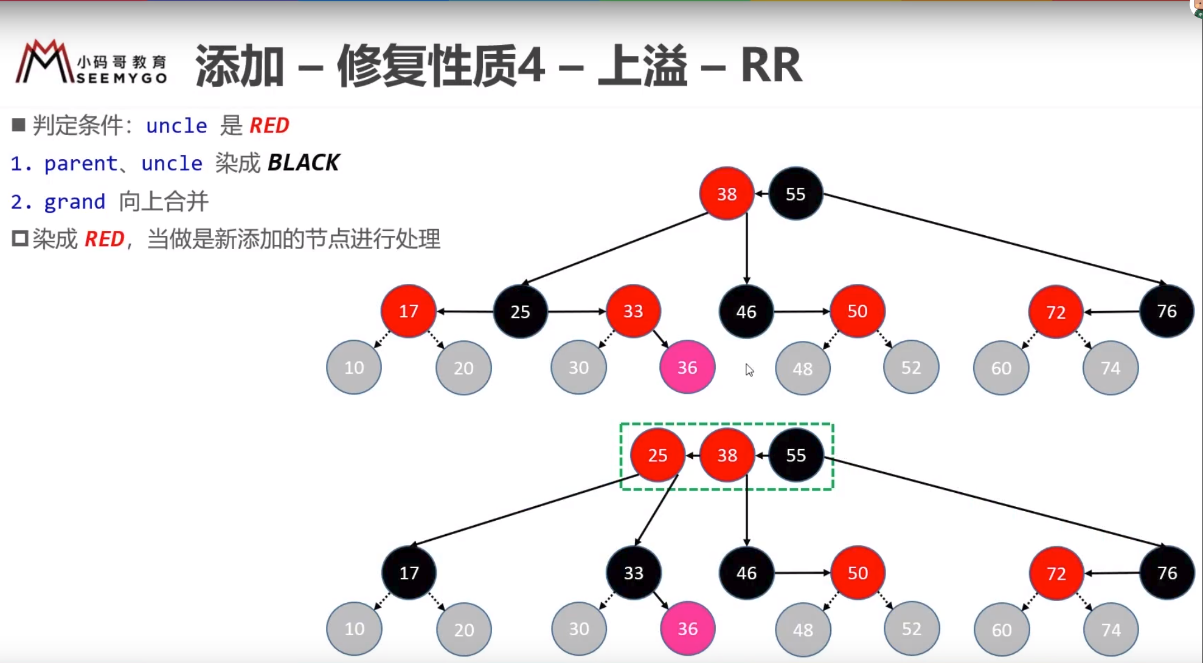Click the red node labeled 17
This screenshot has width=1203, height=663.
(408, 311)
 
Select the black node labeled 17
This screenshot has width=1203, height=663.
(409, 572)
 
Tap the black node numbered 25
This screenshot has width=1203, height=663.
(520, 312)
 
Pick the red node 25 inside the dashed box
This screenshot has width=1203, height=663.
(657, 455)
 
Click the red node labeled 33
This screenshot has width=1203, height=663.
(633, 311)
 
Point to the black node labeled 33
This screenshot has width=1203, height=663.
(633, 572)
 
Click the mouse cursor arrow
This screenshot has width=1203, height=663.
(749, 369)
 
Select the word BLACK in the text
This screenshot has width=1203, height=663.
(303, 163)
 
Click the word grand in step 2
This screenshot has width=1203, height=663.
(74, 201)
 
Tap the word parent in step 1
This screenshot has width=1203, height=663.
(80, 163)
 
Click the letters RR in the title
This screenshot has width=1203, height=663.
(771, 65)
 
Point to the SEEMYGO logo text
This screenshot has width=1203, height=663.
(122, 78)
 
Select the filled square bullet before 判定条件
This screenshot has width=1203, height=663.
(18, 125)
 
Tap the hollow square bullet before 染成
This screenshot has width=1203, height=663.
(19, 239)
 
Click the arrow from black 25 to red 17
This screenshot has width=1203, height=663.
(465, 311)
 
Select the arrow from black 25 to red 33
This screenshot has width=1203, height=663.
(577, 311)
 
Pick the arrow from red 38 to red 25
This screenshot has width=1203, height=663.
(692, 455)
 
